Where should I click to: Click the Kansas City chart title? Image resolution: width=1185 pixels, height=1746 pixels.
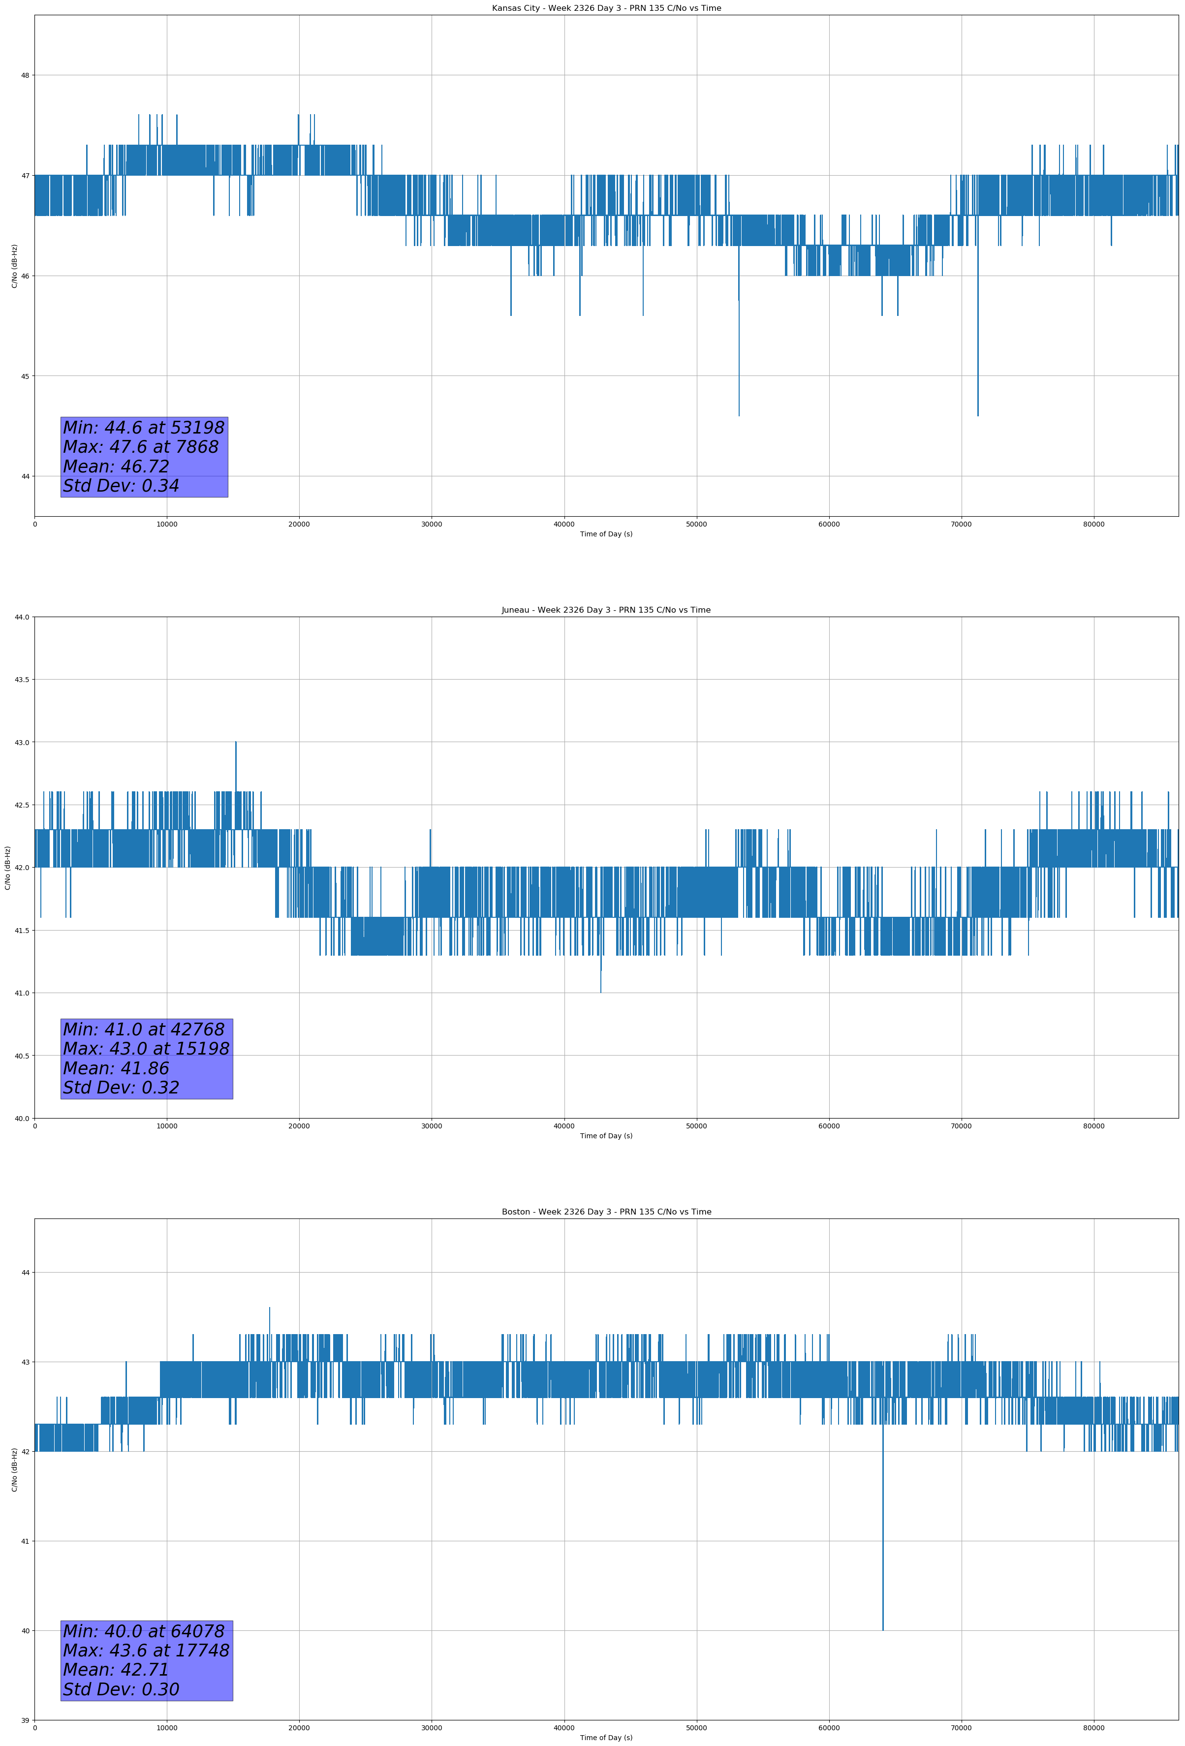tap(606, 8)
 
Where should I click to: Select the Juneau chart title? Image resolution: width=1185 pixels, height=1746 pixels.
tap(606, 610)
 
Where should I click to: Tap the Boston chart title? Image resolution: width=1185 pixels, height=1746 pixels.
tap(606, 1212)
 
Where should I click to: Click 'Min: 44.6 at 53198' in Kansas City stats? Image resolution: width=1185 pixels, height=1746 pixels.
tap(144, 428)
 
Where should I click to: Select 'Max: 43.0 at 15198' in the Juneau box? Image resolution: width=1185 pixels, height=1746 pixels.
tap(146, 1049)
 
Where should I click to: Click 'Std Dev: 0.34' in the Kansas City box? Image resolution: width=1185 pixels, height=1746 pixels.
tap(121, 486)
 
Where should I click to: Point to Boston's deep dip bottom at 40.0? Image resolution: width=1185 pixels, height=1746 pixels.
tap(882, 1630)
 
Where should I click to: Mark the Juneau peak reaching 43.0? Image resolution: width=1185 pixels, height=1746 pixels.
tap(236, 742)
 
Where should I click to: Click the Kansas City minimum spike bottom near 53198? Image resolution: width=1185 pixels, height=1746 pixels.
tap(739, 415)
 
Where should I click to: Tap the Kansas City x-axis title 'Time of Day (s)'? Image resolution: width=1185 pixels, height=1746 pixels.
tap(606, 534)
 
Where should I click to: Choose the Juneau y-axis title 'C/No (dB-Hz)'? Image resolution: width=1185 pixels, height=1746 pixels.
tap(7, 868)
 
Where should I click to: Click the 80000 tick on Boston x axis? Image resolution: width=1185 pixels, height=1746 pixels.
tap(1093, 1727)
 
